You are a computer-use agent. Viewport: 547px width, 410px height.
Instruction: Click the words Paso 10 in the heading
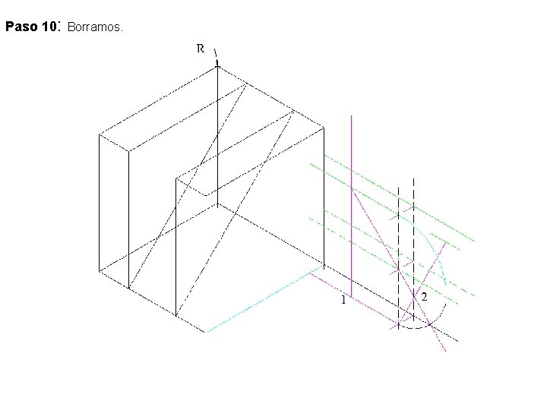(x=32, y=27)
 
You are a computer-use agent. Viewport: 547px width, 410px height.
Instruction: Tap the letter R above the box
(x=201, y=49)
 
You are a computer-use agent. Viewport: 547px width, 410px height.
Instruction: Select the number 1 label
(x=343, y=301)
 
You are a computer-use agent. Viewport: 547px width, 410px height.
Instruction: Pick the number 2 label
(x=424, y=297)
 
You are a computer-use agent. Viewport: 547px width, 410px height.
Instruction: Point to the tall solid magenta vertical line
(x=352, y=197)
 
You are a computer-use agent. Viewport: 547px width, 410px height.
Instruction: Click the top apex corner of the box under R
(x=217, y=66)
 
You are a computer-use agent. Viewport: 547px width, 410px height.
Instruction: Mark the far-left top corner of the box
(x=100, y=134)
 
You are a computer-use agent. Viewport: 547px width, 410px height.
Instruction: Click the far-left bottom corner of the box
(x=100, y=270)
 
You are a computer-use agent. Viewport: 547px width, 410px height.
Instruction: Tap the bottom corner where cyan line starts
(x=206, y=332)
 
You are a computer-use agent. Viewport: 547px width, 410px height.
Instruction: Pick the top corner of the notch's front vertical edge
(x=176, y=179)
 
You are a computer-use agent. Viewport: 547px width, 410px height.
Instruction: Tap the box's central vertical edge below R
(x=218, y=137)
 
